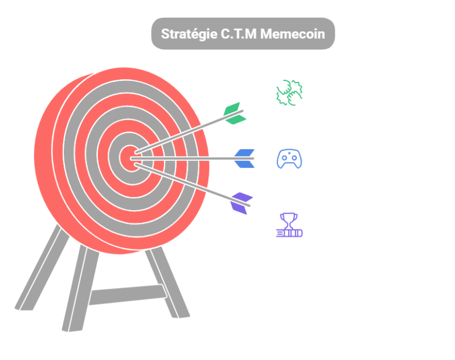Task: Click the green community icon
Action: click(x=289, y=93)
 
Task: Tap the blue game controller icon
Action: click(x=289, y=159)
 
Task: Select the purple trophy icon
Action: click(x=289, y=225)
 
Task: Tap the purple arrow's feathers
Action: click(x=242, y=202)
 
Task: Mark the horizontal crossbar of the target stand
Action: click(x=128, y=294)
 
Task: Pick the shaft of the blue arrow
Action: click(x=188, y=158)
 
